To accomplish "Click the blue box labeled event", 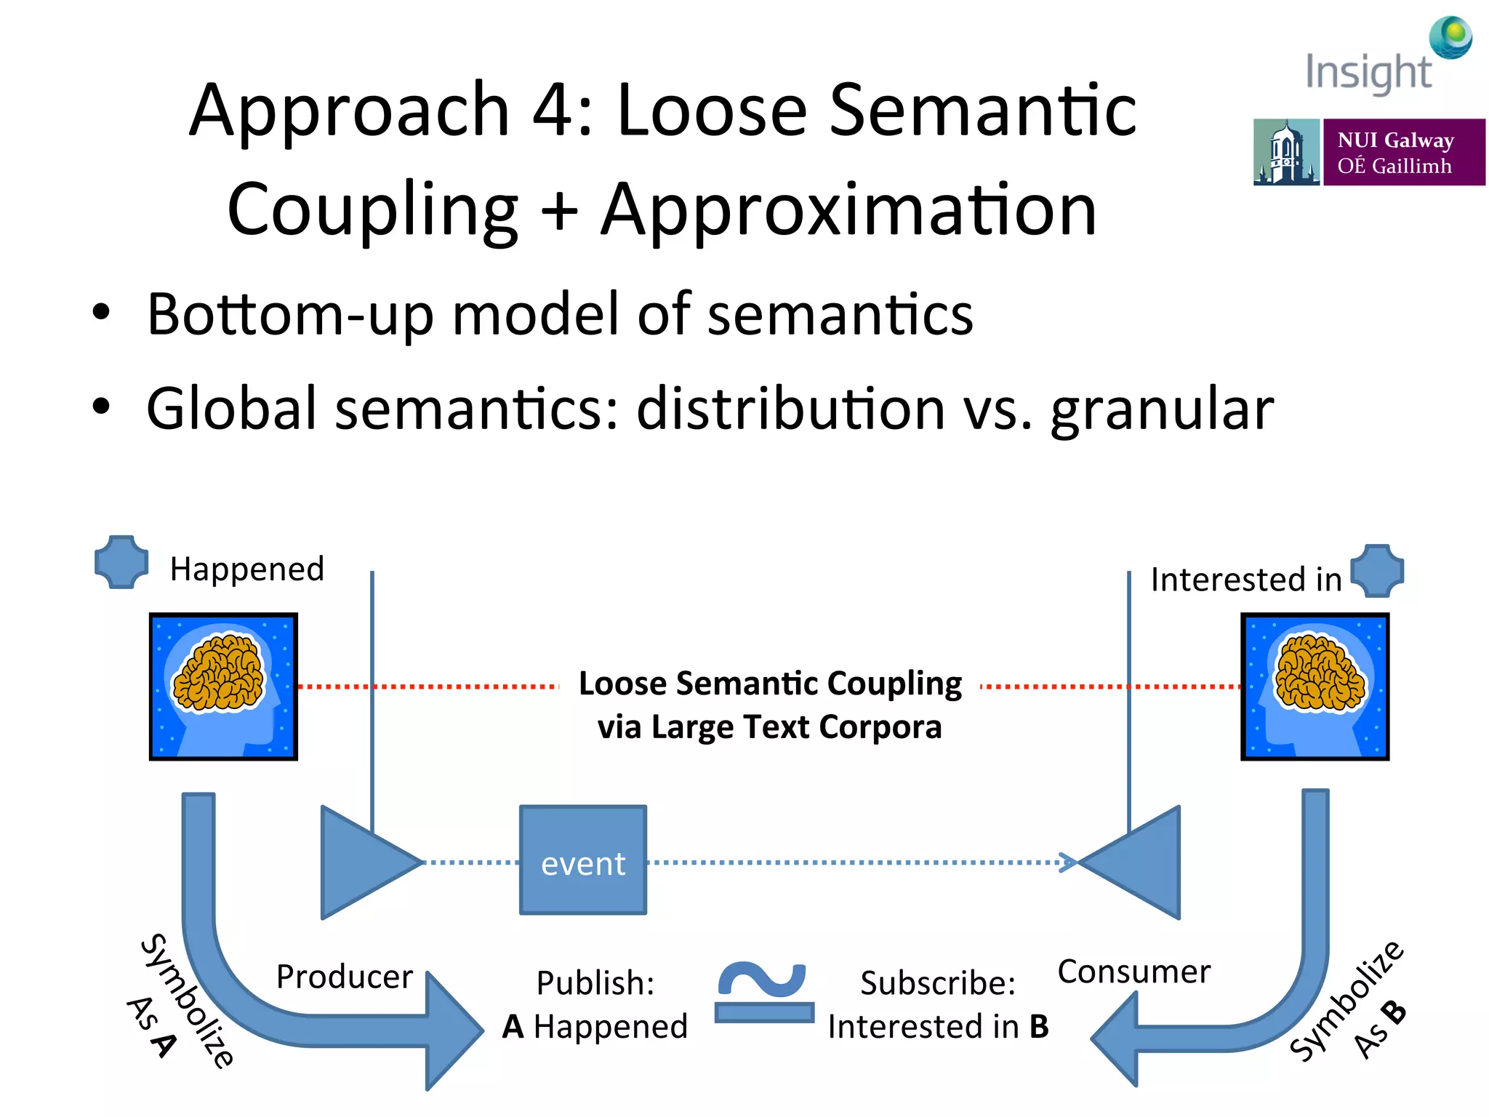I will click(582, 860).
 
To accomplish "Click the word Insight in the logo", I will click(1368, 73).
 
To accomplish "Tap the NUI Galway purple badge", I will click(1403, 152).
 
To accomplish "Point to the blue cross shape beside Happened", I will click(121, 562).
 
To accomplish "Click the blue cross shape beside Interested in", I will click(1377, 571).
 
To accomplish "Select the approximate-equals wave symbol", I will click(763, 993).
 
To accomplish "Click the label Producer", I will click(344, 977).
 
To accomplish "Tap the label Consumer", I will click(1133, 972).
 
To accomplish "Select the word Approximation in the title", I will click(848, 211).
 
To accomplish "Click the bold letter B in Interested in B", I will click(1039, 1027).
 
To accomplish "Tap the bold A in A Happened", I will click(513, 1027).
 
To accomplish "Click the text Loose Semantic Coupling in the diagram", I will click(770, 684).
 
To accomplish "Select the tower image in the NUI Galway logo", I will click(1285, 153).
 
